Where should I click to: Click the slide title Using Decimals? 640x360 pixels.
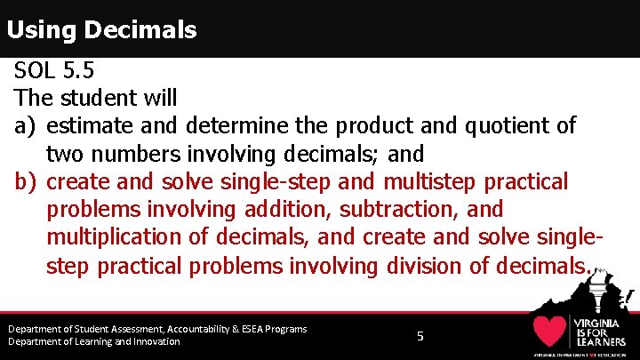[x=101, y=30]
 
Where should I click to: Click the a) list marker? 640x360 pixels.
[x=25, y=126]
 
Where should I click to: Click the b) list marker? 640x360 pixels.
[x=25, y=182]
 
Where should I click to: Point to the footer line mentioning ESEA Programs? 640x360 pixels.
[x=157, y=329]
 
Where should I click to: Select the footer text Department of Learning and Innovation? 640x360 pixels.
[x=93, y=342]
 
